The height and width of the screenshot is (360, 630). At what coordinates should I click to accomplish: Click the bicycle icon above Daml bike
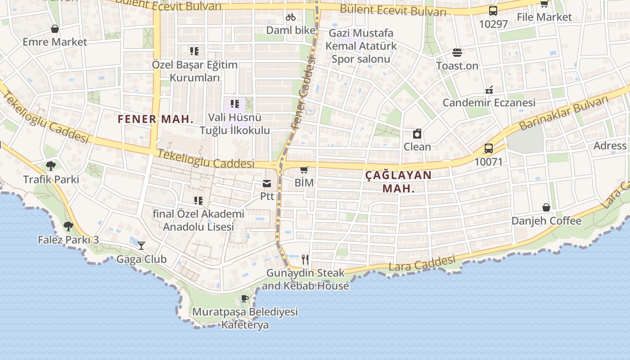pos(291,17)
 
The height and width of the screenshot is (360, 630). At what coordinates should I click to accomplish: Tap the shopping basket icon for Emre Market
pos(55,29)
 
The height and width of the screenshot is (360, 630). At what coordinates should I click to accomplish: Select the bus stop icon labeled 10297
pos(493,11)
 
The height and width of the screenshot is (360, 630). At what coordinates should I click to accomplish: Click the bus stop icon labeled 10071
pos(488,148)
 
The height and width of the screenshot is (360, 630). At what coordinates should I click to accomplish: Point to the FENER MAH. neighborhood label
pos(156,119)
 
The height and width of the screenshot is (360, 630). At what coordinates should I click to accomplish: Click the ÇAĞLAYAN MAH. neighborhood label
pos(398,181)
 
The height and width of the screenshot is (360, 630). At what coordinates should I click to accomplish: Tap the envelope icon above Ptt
pos(267,183)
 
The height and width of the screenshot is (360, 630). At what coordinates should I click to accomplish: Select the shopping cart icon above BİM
pos(304,170)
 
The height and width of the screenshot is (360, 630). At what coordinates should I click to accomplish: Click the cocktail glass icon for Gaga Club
pos(141,246)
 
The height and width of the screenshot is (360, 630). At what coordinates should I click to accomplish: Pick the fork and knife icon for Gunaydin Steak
pos(305,259)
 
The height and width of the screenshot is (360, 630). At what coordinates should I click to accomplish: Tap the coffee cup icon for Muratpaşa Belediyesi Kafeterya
pos(245,298)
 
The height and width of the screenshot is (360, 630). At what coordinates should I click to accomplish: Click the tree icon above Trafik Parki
pos(51,166)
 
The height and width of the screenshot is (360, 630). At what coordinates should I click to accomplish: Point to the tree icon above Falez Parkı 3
pos(68,226)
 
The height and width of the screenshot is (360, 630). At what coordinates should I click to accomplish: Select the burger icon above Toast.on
pos(457,53)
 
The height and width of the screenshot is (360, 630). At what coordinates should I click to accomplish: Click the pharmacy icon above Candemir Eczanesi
pos(489,90)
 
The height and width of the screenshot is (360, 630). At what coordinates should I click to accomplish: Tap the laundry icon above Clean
pos(417,134)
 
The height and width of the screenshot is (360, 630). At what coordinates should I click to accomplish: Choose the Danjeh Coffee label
pos(546,221)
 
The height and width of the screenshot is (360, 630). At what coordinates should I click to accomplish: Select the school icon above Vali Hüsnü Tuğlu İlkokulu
pos(234,104)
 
